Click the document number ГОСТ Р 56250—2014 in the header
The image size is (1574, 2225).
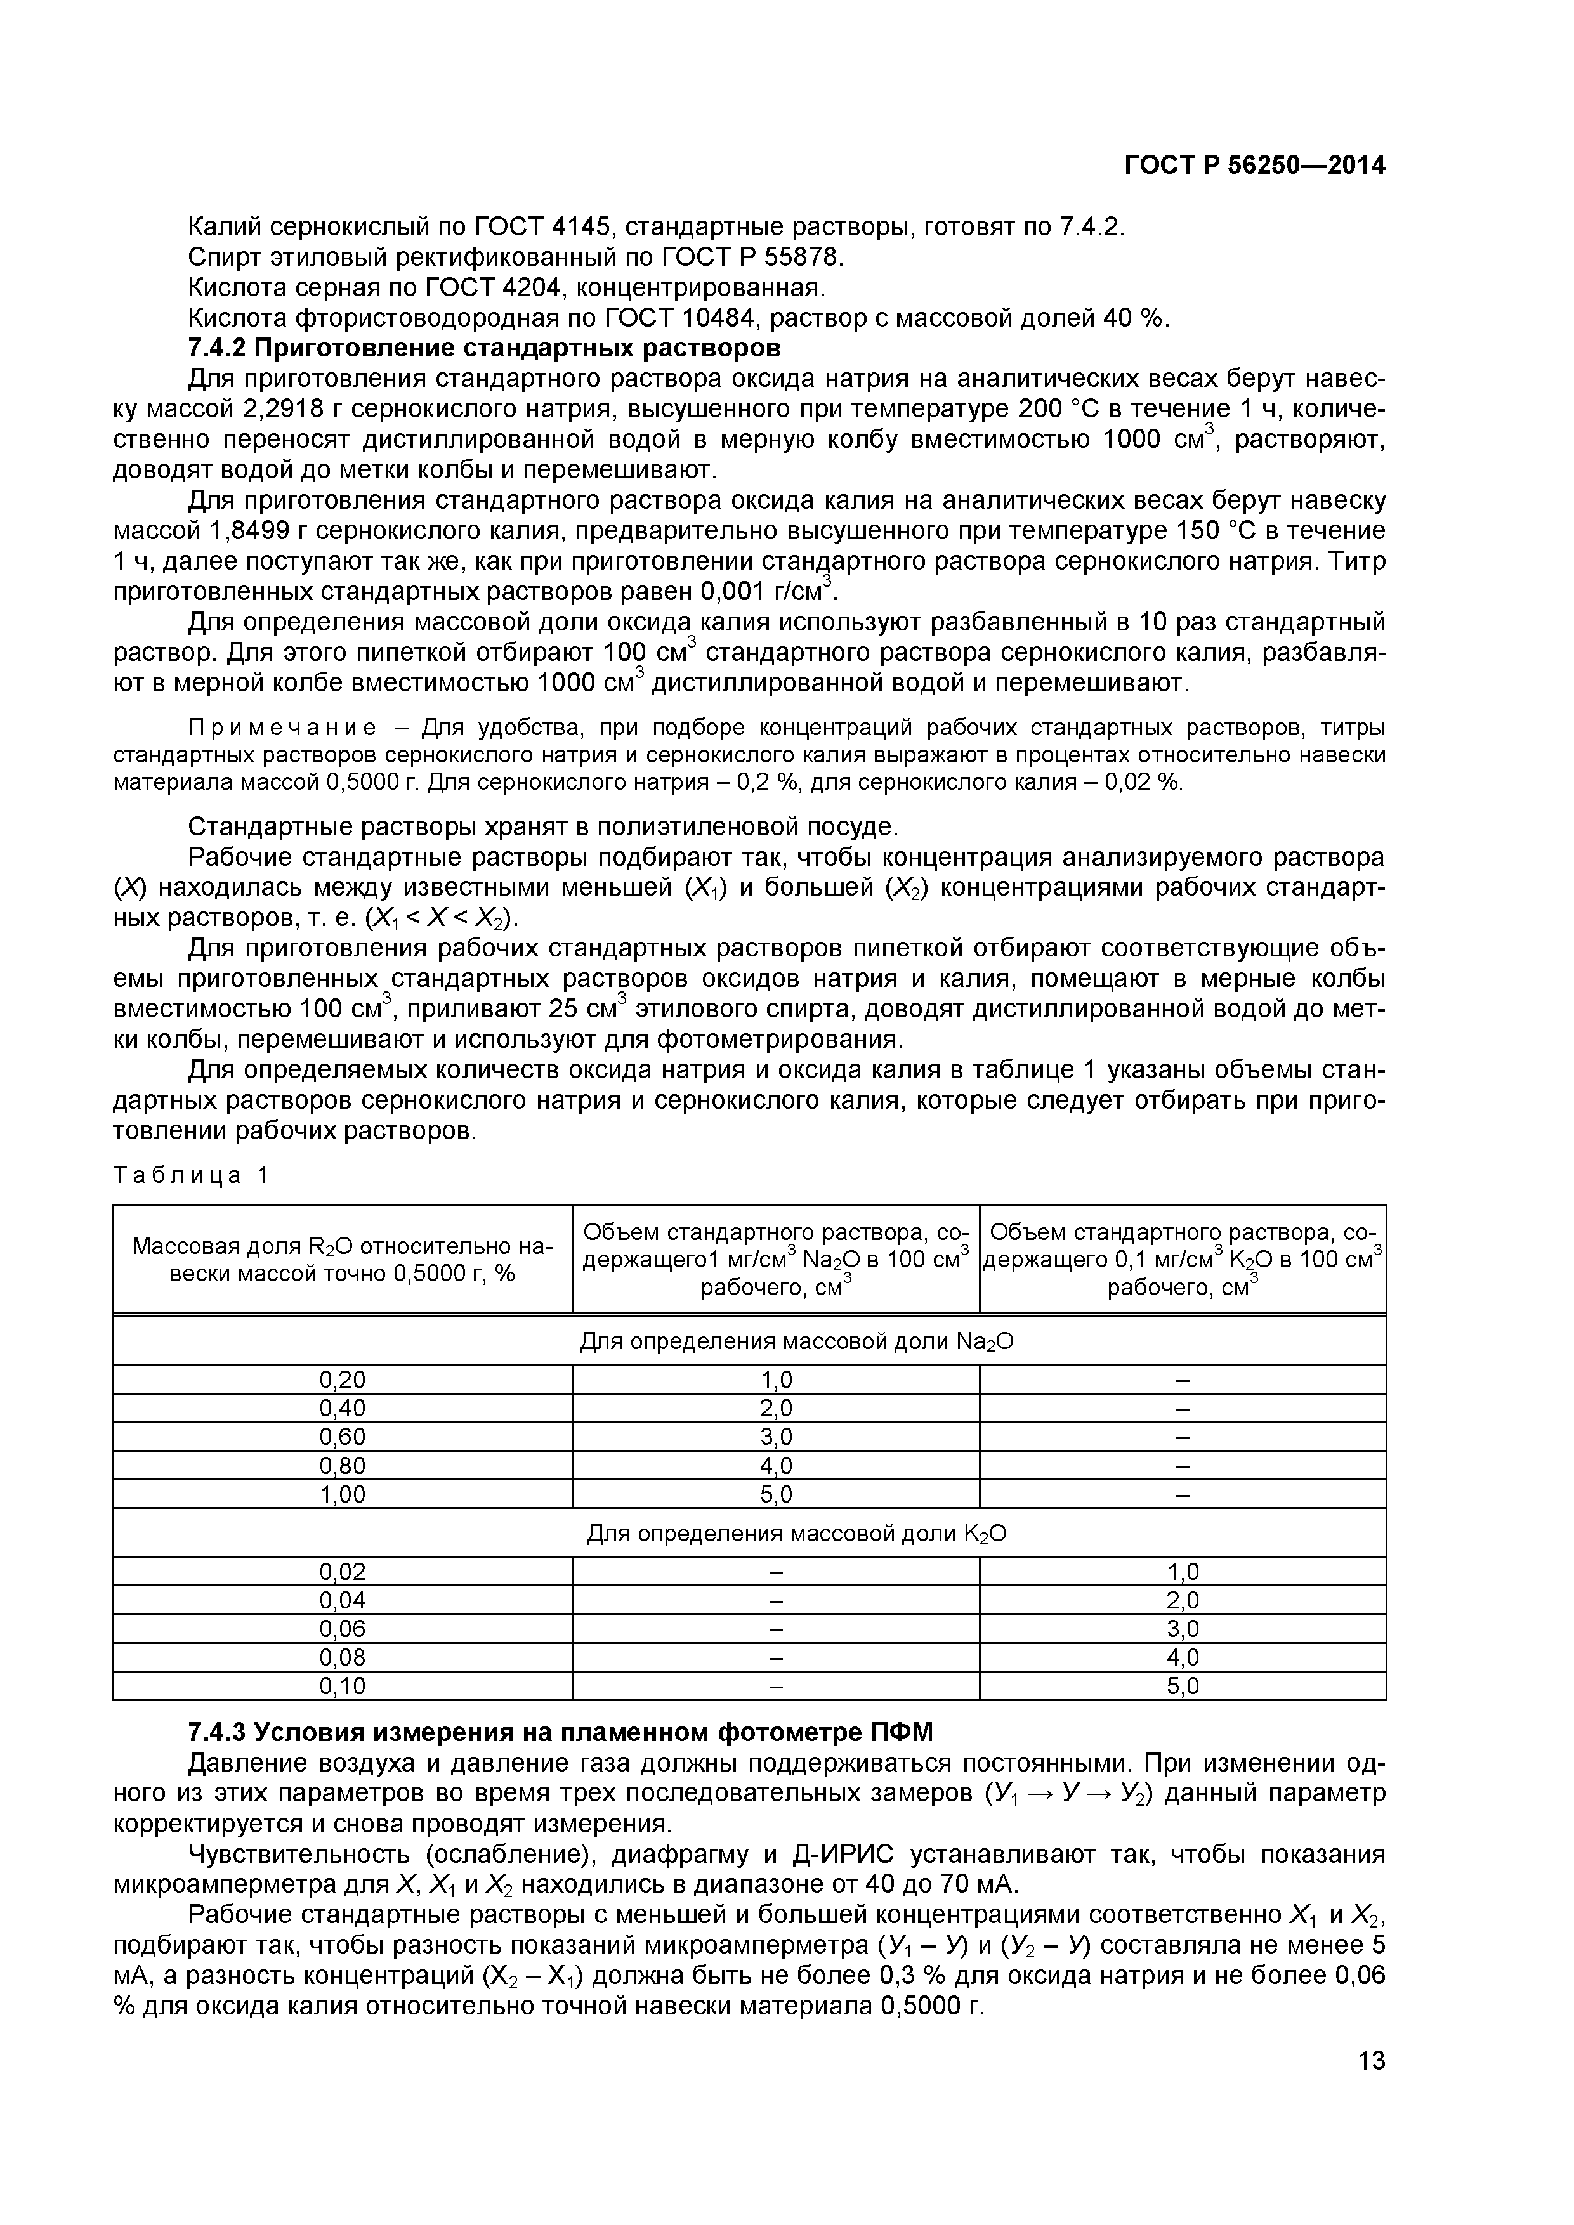point(1254,166)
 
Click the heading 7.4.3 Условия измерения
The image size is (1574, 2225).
point(559,1732)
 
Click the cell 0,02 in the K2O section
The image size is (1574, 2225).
point(342,1571)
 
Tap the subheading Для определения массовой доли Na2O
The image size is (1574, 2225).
point(797,1341)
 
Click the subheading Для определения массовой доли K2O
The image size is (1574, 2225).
point(797,1534)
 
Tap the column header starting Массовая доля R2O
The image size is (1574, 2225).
point(342,1259)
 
